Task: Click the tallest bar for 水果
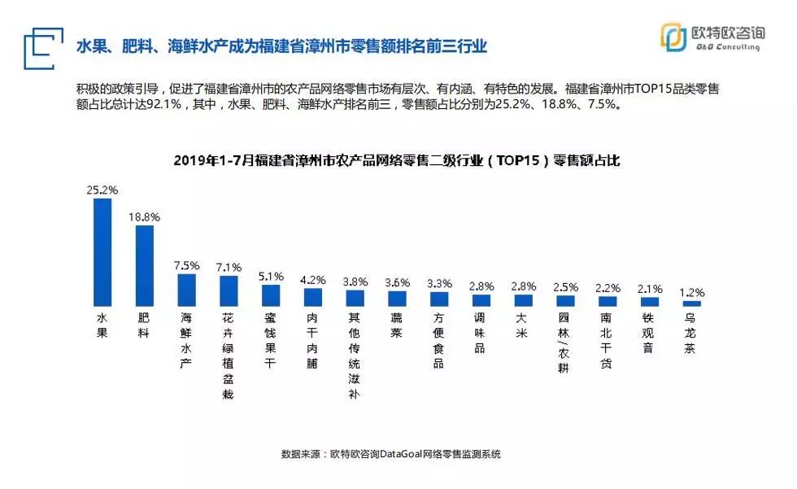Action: point(102,251)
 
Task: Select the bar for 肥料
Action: point(144,265)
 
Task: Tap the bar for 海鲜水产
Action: point(186,290)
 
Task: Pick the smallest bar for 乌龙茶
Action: point(691,303)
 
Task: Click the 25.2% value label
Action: point(102,190)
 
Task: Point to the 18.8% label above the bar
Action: point(144,217)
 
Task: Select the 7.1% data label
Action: point(229,267)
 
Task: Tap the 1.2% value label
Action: point(691,292)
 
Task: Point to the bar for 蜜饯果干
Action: point(271,295)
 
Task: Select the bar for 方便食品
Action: point(438,299)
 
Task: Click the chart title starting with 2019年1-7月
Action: point(397,161)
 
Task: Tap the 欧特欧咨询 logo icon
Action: point(673,37)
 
